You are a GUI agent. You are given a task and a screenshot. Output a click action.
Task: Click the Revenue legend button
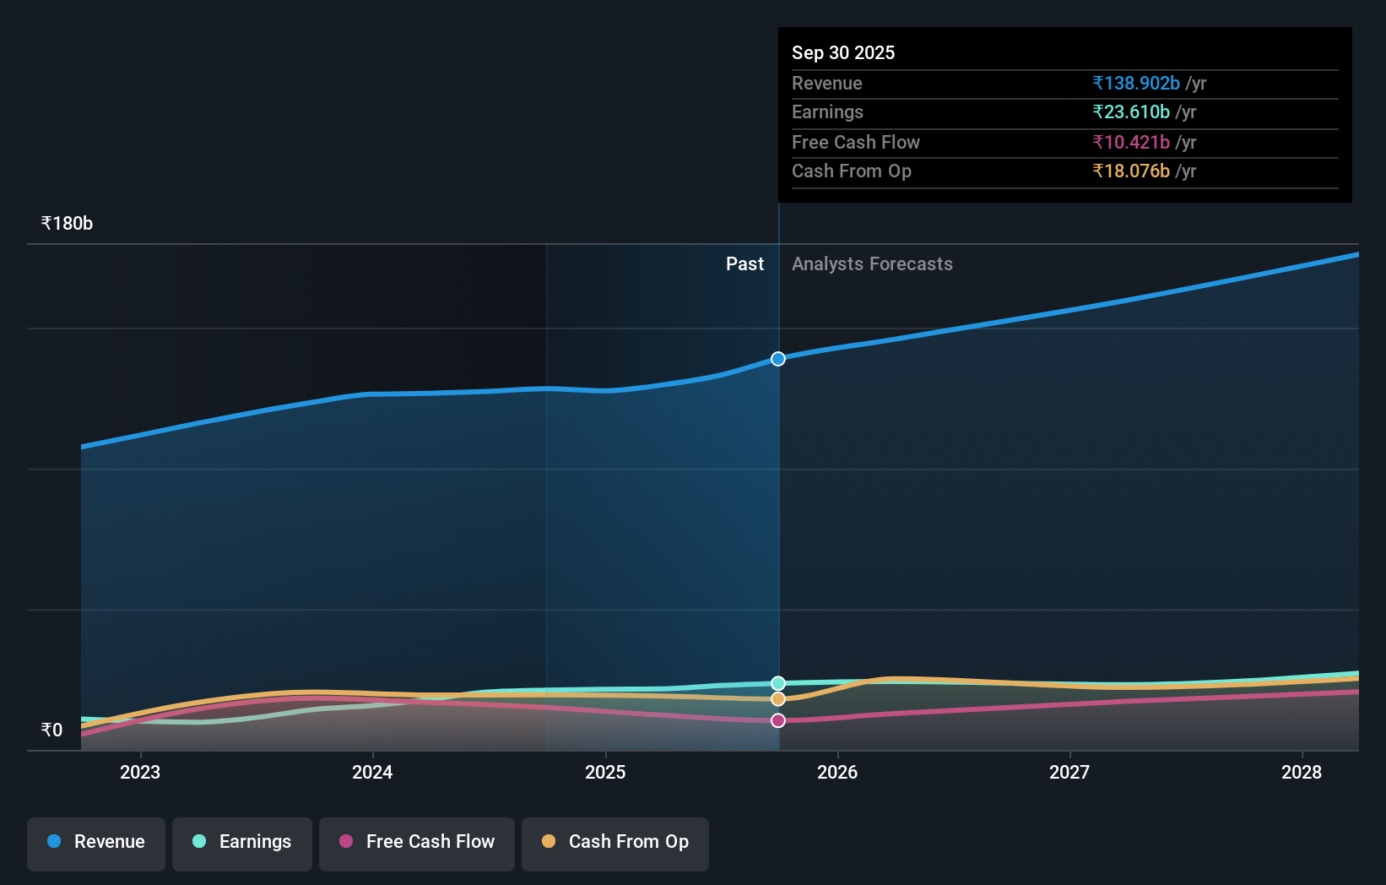[96, 842]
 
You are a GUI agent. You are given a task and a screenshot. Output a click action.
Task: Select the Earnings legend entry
[242, 842]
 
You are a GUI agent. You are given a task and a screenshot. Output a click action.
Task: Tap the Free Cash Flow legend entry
[417, 842]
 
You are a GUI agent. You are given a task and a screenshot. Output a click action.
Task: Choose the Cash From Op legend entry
[615, 842]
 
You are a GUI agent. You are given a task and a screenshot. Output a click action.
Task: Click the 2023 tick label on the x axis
[140, 772]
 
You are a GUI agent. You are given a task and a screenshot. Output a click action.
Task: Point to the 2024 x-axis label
[372, 772]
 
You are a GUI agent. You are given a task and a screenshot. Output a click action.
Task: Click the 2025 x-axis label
[605, 772]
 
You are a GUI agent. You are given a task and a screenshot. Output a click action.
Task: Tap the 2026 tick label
[837, 772]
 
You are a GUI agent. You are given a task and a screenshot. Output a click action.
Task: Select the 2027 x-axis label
[1069, 772]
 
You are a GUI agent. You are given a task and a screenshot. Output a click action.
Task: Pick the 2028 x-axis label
[1302, 772]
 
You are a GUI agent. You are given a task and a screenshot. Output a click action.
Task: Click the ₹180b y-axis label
[67, 224]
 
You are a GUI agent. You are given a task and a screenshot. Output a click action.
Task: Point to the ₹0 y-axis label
[52, 730]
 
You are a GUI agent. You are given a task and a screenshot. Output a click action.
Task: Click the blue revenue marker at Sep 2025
[778, 359]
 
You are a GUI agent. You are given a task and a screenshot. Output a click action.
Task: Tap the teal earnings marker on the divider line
[778, 683]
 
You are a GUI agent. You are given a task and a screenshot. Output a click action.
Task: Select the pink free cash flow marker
[778, 720]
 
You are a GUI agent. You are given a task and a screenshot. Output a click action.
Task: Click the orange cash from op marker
[778, 699]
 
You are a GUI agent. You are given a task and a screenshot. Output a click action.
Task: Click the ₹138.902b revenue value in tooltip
[1136, 83]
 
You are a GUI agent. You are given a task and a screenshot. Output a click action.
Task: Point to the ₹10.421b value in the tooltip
[1131, 142]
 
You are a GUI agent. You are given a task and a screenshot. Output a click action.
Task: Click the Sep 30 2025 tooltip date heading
[843, 52]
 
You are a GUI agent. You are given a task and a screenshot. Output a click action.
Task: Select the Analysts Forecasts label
[872, 264]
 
